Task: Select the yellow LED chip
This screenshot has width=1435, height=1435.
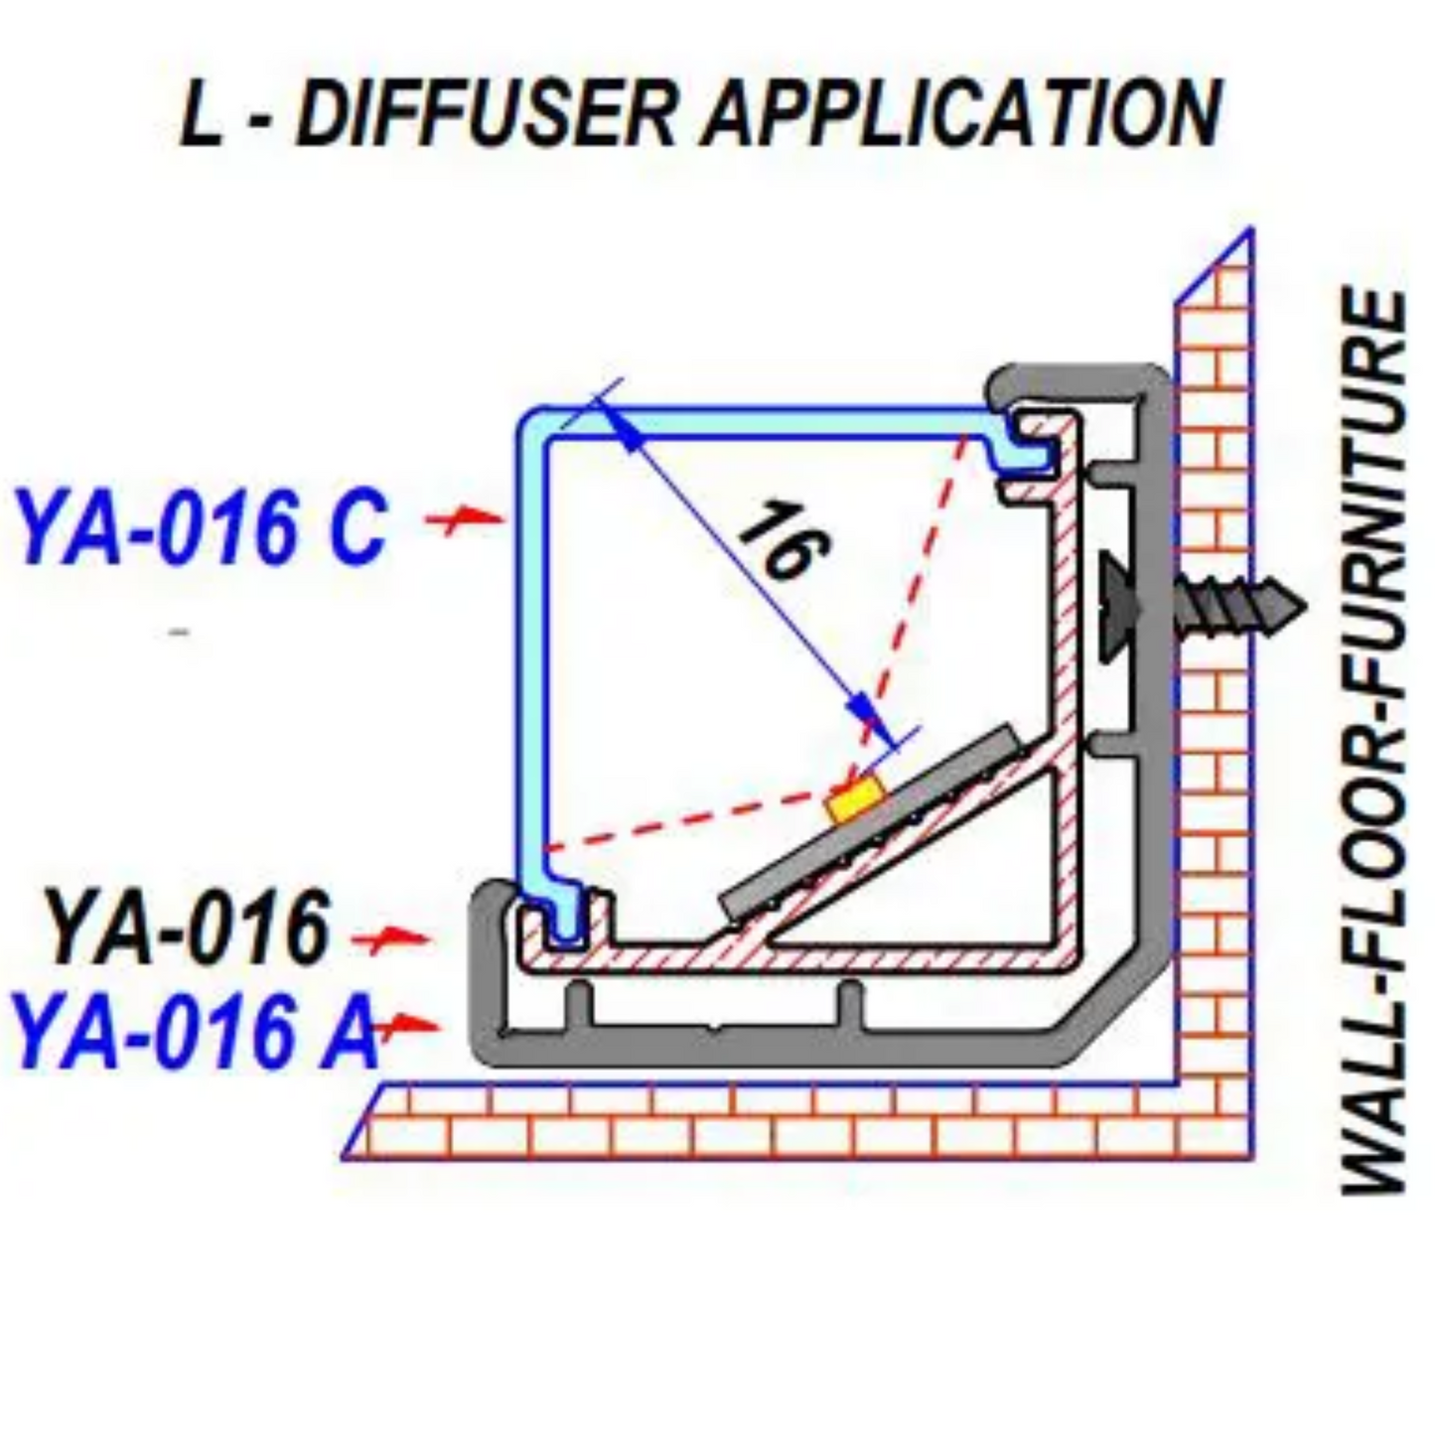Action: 856,798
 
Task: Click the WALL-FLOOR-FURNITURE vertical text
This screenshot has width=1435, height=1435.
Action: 1374,740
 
